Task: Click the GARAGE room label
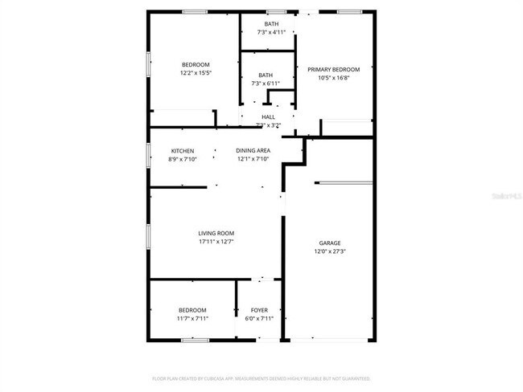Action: click(x=330, y=243)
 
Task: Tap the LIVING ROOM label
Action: click(x=216, y=234)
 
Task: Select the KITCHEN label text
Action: click(x=183, y=151)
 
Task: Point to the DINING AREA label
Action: click(x=253, y=151)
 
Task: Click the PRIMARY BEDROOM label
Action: click(x=334, y=70)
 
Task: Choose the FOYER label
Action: click(x=259, y=310)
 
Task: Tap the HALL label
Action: click(x=268, y=117)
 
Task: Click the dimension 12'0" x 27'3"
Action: click(x=330, y=251)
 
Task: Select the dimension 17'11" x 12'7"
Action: click(x=216, y=242)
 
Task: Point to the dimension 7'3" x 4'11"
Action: click(x=271, y=32)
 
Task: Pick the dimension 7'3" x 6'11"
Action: click(x=266, y=84)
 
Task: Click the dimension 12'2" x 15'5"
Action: click(x=196, y=73)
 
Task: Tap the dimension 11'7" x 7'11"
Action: click(x=192, y=318)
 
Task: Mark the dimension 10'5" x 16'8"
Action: click(x=334, y=79)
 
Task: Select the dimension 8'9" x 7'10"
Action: click(x=183, y=159)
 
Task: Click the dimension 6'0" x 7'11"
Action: click(x=259, y=318)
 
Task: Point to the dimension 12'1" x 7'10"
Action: click(x=253, y=159)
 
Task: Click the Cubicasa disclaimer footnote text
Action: click(x=261, y=378)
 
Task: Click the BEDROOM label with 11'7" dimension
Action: click(x=192, y=310)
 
